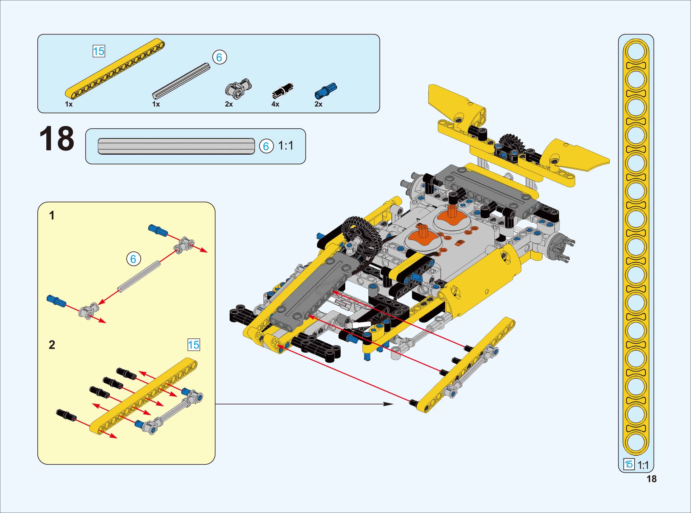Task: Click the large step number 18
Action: (x=57, y=139)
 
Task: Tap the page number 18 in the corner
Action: (x=652, y=479)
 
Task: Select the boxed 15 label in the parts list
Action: (x=99, y=51)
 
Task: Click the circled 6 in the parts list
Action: (x=220, y=57)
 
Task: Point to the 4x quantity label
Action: (x=275, y=104)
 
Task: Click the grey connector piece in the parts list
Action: (x=238, y=87)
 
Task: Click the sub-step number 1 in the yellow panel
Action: (x=52, y=215)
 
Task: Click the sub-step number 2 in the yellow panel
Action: (x=52, y=345)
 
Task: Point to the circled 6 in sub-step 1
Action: (x=134, y=259)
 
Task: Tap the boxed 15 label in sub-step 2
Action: (x=194, y=345)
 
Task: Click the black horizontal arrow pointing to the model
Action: (x=304, y=404)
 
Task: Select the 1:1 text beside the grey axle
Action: (x=286, y=146)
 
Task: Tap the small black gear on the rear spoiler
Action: (x=511, y=144)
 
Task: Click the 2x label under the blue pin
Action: (x=318, y=104)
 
